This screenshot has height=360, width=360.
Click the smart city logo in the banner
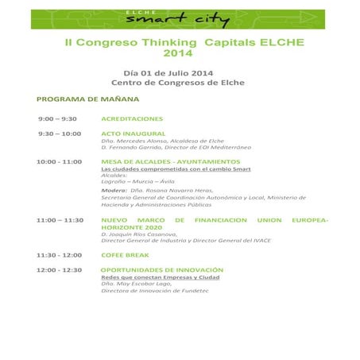(178, 19)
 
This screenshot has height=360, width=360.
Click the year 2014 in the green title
(178, 54)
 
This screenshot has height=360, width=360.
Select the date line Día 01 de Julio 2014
(168, 73)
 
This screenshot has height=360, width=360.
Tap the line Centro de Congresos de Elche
(178, 83)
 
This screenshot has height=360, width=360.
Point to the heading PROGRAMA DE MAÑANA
(88, 99)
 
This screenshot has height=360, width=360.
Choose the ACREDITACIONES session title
(132, 118)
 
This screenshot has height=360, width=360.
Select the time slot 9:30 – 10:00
(59, 134)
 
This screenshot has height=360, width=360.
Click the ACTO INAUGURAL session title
(133, 134)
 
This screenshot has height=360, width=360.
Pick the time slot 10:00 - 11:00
(59, 161)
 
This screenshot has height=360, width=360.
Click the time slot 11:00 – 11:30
(60, 219)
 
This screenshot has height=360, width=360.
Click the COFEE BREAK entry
(126, 255)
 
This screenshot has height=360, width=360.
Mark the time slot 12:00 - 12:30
(59, 269)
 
